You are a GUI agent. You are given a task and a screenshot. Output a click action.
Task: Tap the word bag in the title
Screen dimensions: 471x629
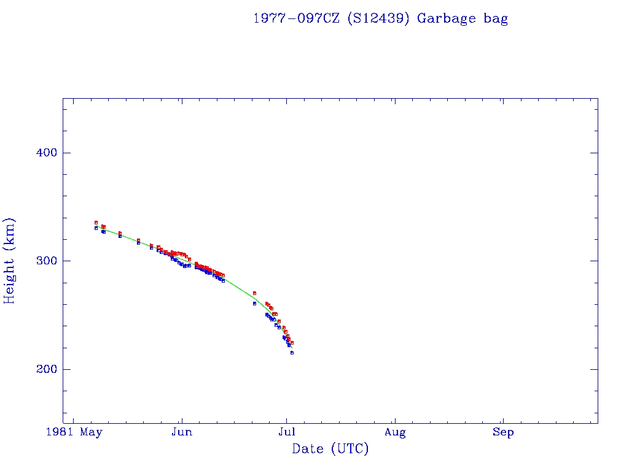click(x=496, y=18)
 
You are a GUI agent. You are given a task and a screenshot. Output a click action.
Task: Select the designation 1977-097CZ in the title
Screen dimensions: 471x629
click(x=297, y=18)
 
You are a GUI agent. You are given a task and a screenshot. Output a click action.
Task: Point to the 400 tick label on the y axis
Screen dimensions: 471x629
click(x=41, y=153)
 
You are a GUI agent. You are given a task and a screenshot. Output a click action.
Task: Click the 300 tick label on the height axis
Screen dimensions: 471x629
click(x=41, y=261)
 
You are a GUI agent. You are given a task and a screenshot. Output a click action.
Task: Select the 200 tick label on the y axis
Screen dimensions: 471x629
click(x=41, y=369)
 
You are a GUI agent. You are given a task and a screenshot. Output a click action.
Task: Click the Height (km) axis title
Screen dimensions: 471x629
click(x=9, y=261)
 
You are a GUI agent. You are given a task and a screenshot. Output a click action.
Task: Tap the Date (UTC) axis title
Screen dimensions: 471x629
click(x=330, y=449)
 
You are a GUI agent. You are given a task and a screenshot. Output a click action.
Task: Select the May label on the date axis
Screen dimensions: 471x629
click(x=92, y=432)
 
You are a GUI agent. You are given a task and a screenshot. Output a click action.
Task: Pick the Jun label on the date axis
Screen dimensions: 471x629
click(x=182, y=432)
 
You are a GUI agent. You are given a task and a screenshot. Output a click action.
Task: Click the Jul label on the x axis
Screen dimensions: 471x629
click(x=286, y=432)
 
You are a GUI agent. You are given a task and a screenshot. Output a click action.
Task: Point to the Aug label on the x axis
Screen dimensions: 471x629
click(x=395, y=432)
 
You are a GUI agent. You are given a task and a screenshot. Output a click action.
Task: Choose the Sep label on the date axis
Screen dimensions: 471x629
click(x=503, y=432)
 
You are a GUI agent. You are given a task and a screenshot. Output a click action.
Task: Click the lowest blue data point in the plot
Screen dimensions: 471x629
click(x=292, y=353)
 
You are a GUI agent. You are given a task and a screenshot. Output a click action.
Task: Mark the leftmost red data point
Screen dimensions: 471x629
click(x=96, y=223)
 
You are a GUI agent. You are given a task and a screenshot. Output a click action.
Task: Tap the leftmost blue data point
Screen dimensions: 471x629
click(x=96, y=228)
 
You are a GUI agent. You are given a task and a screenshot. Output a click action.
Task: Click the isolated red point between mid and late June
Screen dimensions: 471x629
click(x=254, y=293)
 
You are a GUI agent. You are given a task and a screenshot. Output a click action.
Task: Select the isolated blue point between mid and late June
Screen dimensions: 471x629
click(x=254, y=304)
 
